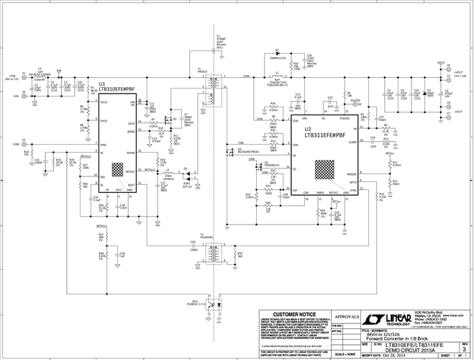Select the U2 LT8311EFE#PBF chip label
pyautogui.click(x=323, y=132)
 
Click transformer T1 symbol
pyautogui.click(x=212, y=89)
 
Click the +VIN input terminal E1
pyautogui.click(x=24, y=75)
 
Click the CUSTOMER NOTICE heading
pyautogui.click(x=291, y=315)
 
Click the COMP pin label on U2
pyautogui.click(x=353, y=143)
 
